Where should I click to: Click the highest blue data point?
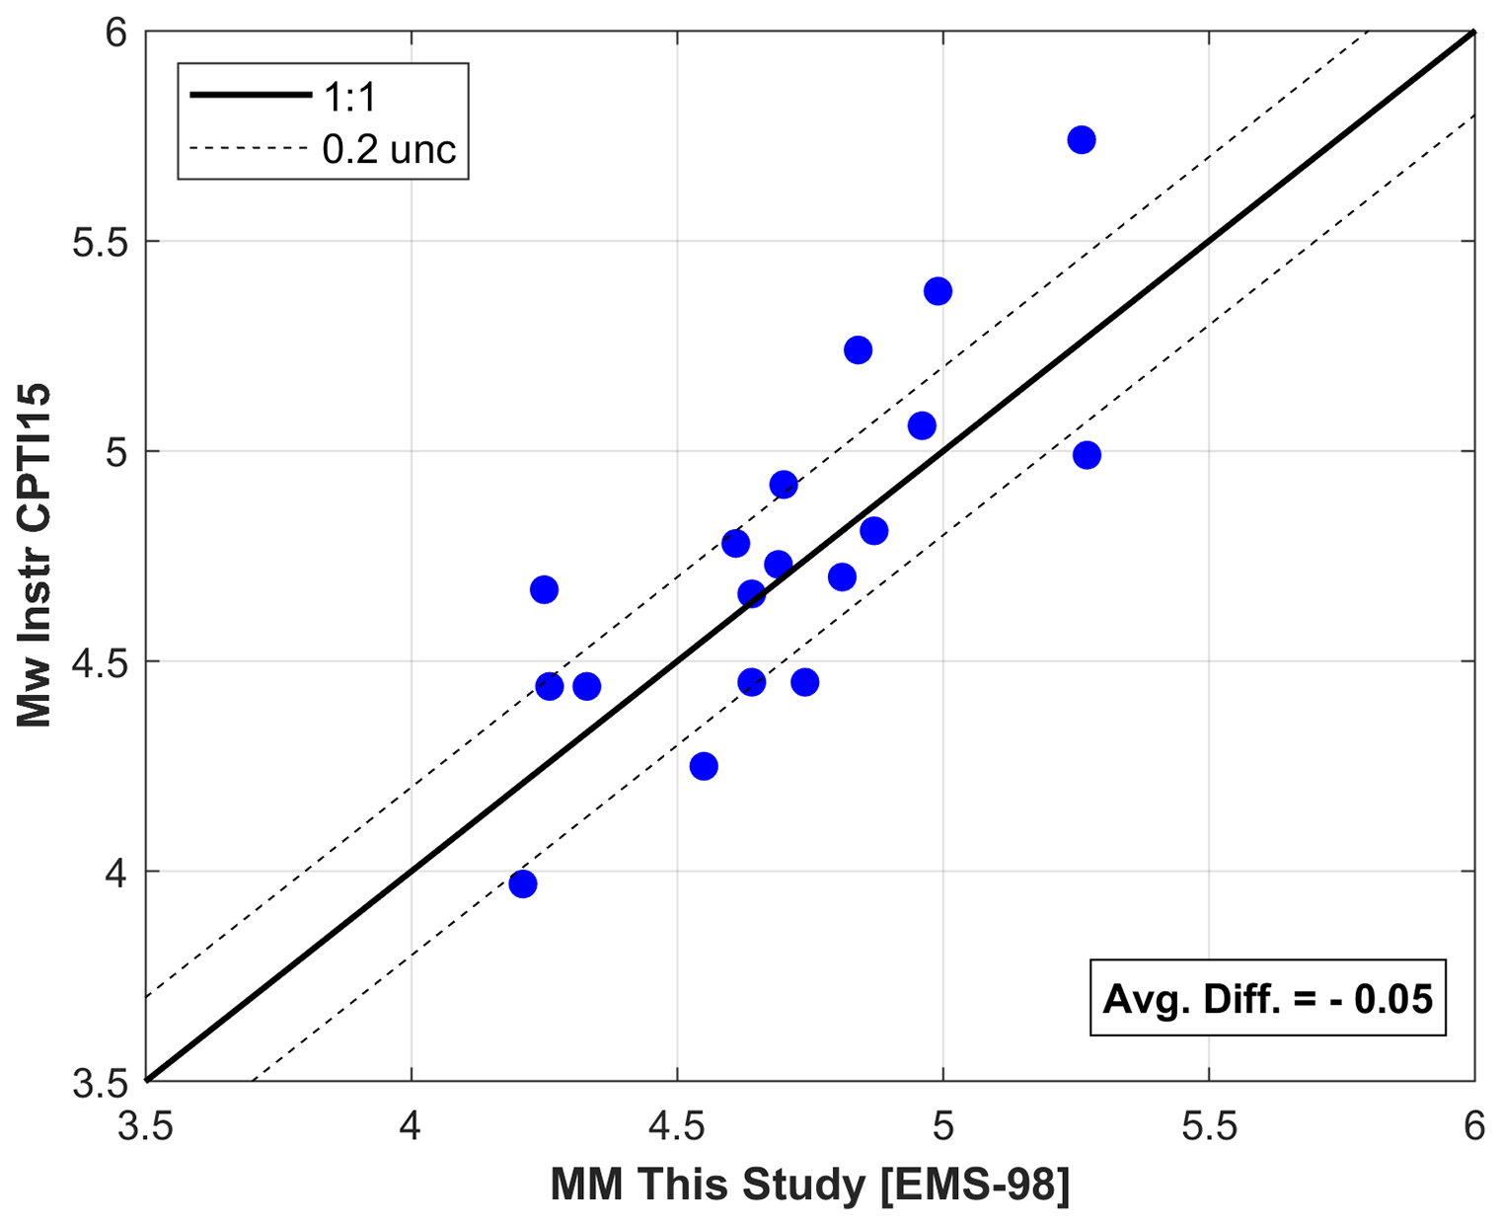(1081, 140)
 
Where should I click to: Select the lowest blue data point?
(523, 883)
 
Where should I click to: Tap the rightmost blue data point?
(1087, 455)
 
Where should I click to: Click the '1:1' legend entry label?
(350, 97)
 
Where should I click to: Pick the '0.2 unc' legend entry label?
(389, 149)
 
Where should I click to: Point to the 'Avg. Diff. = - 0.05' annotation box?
(1267, 998)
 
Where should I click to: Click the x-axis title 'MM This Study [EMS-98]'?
(809, 1185)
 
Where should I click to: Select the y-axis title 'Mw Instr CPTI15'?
(35, 556)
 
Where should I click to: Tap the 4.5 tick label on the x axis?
(677, 1126)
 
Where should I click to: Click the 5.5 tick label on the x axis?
(1209, 1126)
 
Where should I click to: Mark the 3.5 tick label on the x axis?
(146, 1126)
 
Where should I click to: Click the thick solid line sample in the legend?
(251, 96)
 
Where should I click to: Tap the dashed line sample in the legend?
(251, 149)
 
